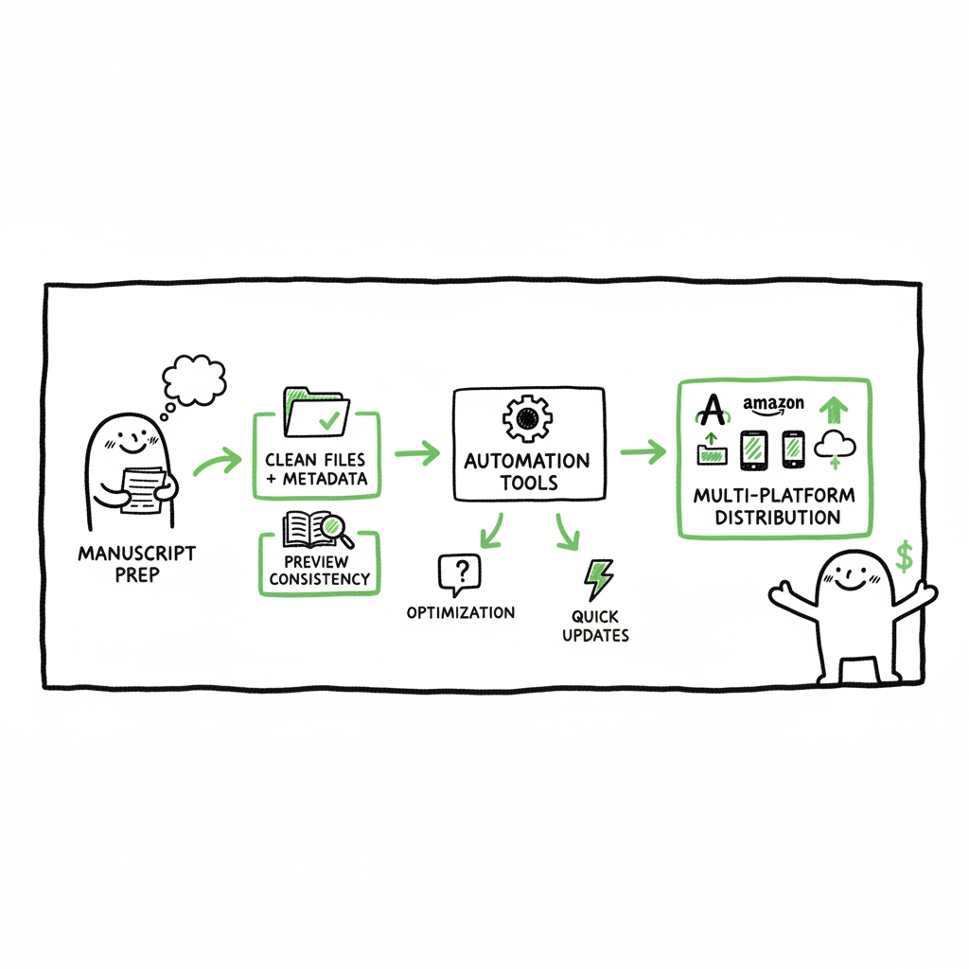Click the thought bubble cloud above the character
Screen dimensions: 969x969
coord(194,380)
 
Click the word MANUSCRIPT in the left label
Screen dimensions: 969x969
coord(136,553)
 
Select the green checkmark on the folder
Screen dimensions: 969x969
coord(329,420)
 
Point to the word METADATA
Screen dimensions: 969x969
coord(326,479)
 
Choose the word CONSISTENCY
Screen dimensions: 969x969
coord(320,579)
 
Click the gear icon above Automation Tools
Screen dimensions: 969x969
coord(527,418)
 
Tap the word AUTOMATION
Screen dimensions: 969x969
coord(527,461)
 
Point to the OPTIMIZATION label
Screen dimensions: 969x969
coord(461,612)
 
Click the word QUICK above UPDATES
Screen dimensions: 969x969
coord(595,616)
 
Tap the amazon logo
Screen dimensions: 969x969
coord(773,405)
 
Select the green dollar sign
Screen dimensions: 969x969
coord(904,556)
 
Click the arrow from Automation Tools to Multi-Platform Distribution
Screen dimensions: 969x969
coord(643,451)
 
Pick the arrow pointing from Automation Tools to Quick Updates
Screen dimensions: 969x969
coord(567,532)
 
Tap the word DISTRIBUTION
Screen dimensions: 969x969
coord(778,518)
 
